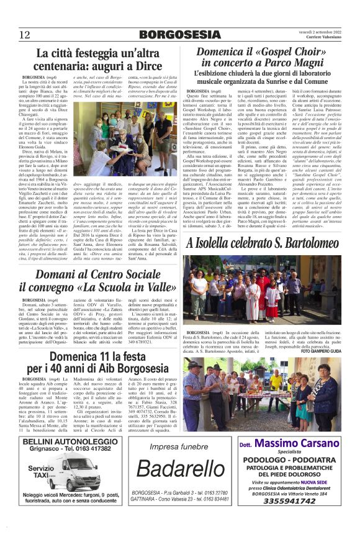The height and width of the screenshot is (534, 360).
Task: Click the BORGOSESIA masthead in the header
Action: click(x=179, y=34)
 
